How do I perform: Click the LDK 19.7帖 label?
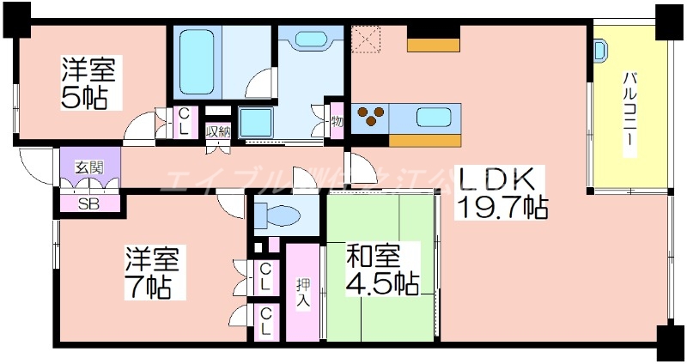coord(502,192)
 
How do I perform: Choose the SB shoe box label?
coord(88,204)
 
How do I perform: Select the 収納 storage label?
coord(218,132)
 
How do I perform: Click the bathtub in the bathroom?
coord(198,63)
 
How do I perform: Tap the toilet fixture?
coord(278,213)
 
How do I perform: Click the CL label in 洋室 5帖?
coord(185,119)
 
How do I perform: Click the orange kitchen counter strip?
coord(425,141)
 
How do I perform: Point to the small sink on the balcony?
coord(600,50)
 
